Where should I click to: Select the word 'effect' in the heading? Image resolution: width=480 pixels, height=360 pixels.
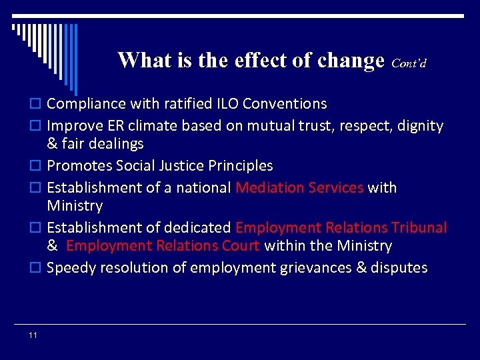pos(267,61)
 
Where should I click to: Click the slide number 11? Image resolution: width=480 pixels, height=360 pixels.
pos(33,335)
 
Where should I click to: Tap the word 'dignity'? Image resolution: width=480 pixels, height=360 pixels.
pos(421,125)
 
